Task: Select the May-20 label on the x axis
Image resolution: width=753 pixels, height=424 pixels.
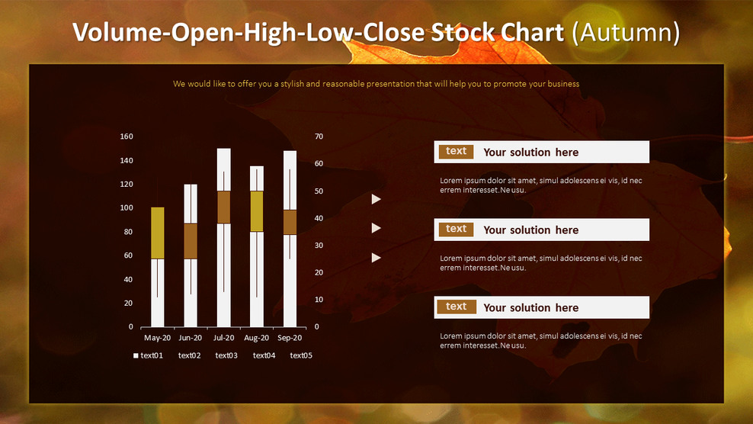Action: [x=157, y=338]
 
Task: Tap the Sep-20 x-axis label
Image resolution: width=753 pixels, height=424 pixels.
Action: [x=290, y=338]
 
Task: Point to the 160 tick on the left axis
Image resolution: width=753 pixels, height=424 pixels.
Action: [x=127, y=137]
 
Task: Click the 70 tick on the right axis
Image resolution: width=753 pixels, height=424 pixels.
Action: [x=319, y=137]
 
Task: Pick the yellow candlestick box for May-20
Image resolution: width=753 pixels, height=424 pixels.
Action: [x=157, y=233]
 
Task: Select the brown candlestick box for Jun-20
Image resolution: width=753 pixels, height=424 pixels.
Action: [x=191, y=241]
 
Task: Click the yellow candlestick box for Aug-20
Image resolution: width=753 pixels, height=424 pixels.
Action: [x=257, y=211]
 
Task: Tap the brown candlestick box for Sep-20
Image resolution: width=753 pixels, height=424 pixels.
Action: [x=290, y=222]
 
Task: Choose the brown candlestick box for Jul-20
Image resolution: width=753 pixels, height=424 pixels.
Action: [x=223, y=207]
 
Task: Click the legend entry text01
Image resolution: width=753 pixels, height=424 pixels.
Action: [x=152, y=355]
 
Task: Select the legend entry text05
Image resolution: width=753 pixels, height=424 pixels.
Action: [x=301, y=355]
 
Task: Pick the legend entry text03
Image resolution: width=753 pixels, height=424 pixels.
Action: [x=226, y=355]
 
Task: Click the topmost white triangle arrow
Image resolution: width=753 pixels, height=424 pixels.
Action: [x=376, y=199]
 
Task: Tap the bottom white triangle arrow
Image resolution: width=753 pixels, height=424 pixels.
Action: [x=376, y=258]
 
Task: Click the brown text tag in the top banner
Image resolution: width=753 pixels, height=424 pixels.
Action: [x=456, y=152]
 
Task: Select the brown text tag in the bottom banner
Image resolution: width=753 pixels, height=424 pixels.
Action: [x=456, y=307]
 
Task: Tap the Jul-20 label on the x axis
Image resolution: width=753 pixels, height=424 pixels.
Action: [x=223, y=338]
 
